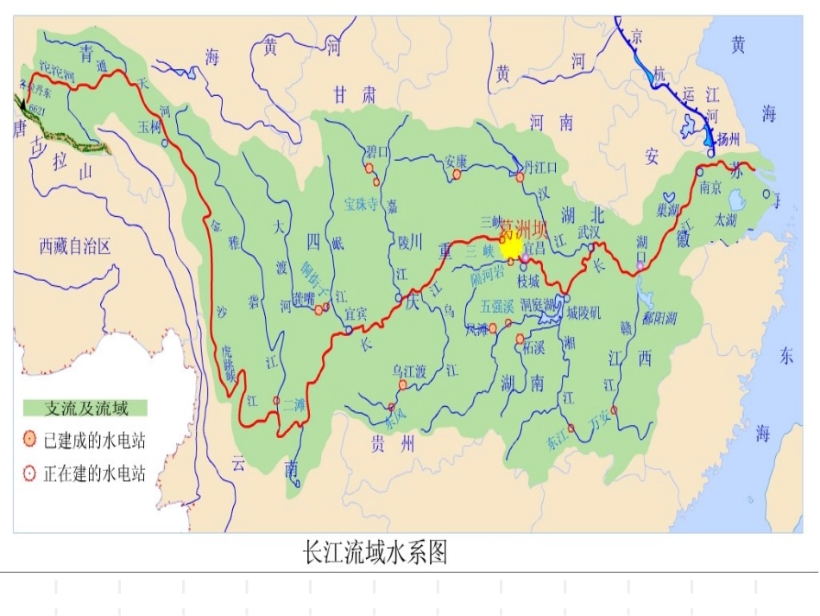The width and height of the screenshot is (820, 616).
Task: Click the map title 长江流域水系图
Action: coord(375,553)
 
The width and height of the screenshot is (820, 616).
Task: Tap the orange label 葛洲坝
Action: coord(524,230)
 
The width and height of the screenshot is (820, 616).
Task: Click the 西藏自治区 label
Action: coord(76,247)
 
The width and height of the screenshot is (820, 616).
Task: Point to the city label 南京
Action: coord(710,186)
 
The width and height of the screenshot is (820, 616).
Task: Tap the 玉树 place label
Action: coord(149,126)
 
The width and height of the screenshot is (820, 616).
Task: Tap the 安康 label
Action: coord(456,161)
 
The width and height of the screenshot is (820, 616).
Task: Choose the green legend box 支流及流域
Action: coord(86,408)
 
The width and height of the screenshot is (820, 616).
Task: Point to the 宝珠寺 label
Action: coord(362,205)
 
